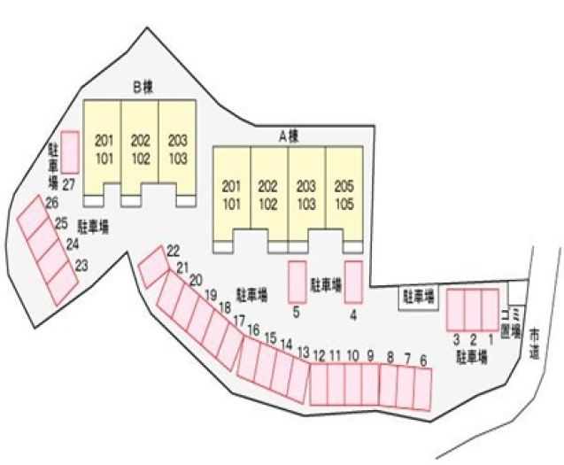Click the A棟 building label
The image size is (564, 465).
coord(289,136)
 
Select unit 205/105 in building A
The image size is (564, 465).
coord(344,194)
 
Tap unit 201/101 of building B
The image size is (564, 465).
coord(104,148)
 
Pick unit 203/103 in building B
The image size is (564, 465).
coord(178,148)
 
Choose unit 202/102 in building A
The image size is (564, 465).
coord(269,194)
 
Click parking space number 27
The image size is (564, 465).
coord(70,151)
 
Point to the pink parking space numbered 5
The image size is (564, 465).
coord(297,282)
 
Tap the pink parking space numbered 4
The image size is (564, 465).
coord(353,282)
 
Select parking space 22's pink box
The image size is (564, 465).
coord(153,266)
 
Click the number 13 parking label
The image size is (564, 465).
coord(303,353)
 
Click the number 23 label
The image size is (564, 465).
coord(81,264)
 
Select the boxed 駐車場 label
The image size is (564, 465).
coord(418,297)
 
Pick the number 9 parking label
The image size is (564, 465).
coord(371,356)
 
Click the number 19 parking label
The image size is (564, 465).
coord(211,294)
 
